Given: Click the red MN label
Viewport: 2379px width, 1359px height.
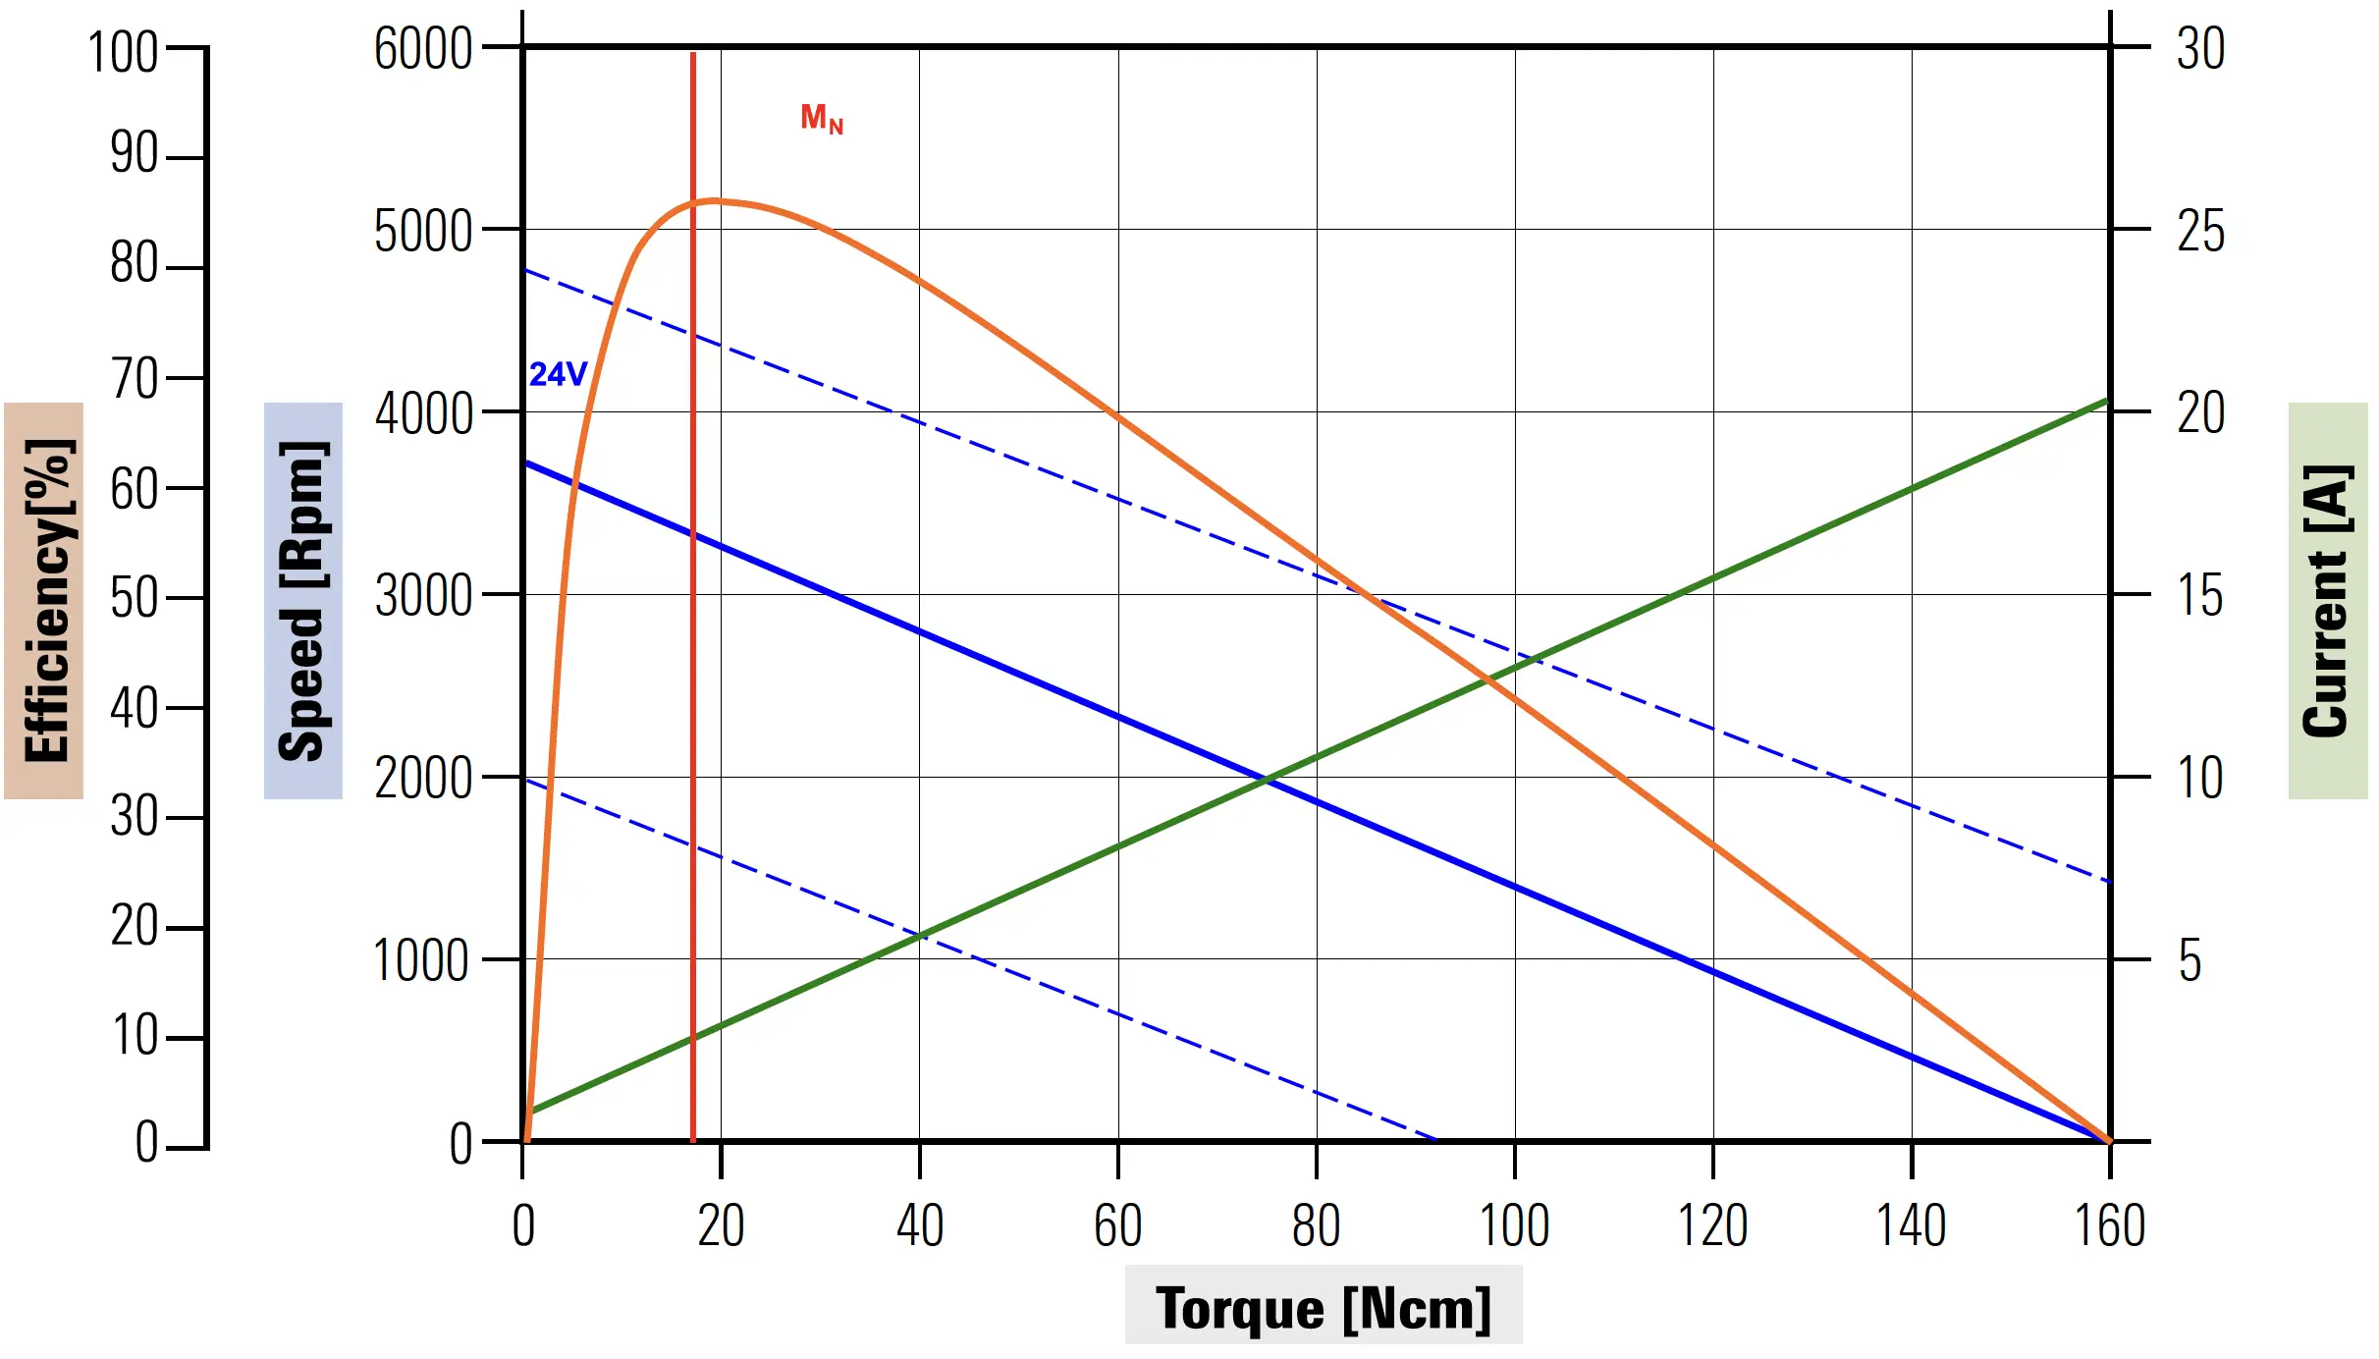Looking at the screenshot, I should [x=822, y=119].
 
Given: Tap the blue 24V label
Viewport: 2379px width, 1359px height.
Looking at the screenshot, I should [x=558, y=374].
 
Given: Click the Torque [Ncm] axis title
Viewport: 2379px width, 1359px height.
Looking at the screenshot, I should [x=1323, y=1307].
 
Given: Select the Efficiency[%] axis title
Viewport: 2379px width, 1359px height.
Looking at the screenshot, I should [x=44, y=600].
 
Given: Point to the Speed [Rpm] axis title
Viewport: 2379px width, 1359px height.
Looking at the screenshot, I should [x=302, y=600].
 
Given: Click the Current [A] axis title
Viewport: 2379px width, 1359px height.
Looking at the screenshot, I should [x=2327, y=600].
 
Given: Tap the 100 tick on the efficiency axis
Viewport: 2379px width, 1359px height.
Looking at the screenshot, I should [x=123, y=52].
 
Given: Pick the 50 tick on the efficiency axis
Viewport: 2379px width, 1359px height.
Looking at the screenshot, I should [x=134, y=598].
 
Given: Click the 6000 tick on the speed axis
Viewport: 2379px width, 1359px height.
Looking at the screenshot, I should [x=423, y=48].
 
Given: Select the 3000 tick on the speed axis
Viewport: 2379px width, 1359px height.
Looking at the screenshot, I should [x=423, y=595].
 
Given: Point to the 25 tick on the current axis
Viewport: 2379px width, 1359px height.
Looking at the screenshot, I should [x=2200, y=232].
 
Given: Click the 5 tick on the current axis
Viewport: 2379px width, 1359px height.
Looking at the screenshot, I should [x=2190, y=960].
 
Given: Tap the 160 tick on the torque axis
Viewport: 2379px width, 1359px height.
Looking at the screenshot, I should [x=2109, y=1225].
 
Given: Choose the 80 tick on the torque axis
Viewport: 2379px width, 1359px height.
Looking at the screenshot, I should [x=1316, y=1225].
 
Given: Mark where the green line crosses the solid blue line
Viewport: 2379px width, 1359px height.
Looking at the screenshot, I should [x=1268, y=781].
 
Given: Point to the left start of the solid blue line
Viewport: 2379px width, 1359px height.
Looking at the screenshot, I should [x=527, y=462].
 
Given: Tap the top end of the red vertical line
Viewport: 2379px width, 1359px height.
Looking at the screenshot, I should [x=693, y=54].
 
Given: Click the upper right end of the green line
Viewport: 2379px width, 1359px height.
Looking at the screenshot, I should [x=2107, y=400].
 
